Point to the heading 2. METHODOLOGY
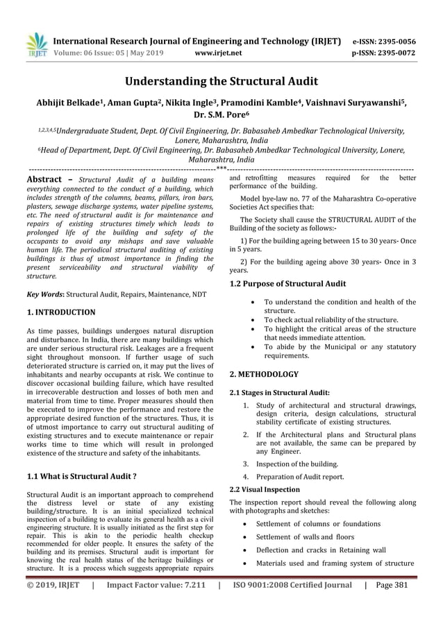coord(264,374)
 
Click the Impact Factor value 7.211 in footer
coord(156,603)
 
